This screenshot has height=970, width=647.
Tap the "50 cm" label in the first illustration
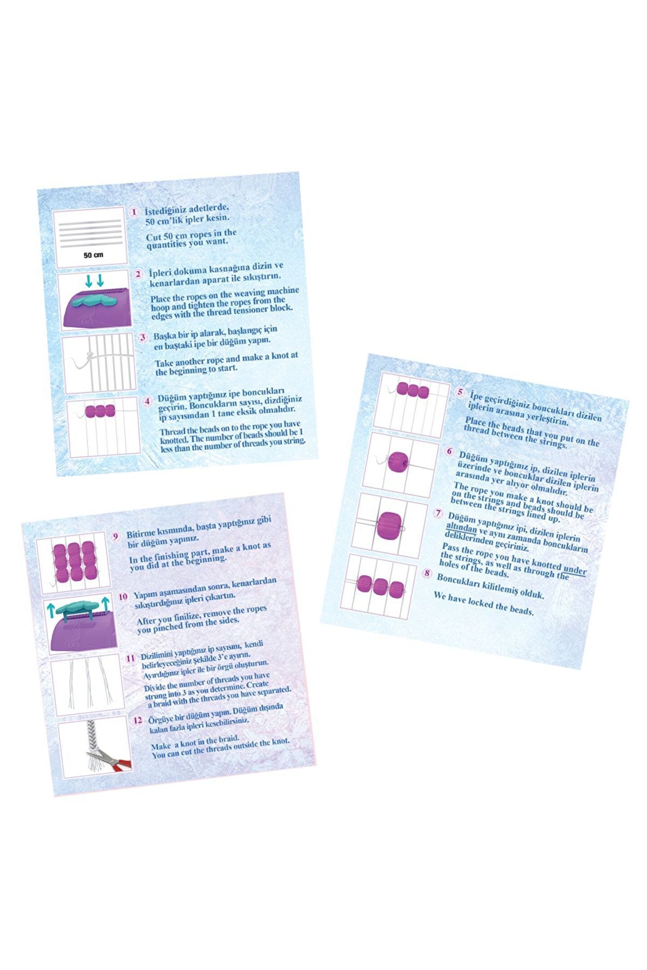coord(93,255)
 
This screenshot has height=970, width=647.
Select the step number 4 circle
coord(147,401)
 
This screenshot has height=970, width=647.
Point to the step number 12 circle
coord(138,720)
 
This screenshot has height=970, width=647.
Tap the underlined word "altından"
coord(461,528)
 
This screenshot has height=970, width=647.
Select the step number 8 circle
coord(427,573)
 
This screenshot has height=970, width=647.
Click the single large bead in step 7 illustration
coord(389,526)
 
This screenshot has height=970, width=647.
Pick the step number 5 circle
coord(460,392)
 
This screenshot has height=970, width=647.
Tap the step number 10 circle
coord(123,596)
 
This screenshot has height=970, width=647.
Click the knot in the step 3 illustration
coord(89,357)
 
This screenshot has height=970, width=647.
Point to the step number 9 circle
coord(116,536)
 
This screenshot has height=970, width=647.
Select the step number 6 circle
coord(449,451)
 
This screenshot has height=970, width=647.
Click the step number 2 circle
coord(139,273)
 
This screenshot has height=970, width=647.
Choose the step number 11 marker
coord(130,658)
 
